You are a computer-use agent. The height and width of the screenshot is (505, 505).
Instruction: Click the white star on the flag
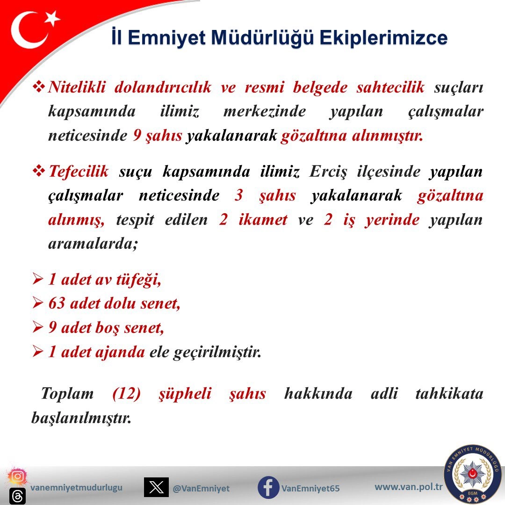coord(52,18)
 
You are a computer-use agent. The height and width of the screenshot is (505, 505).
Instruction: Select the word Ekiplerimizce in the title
coord(383,38)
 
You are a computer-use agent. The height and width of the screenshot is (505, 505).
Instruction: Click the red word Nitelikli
coord(77,87)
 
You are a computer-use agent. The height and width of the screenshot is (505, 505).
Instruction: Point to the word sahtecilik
coord(390,87)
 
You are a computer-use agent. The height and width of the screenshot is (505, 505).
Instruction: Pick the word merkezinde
coord(264,111)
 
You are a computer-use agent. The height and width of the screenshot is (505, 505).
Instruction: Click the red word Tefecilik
coord(79,171)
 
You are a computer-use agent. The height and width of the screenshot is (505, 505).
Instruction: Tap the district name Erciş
coord(328,172)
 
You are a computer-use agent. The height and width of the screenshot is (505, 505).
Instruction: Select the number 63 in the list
coord(57,303)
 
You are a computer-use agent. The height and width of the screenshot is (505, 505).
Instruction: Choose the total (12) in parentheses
coord(127,394)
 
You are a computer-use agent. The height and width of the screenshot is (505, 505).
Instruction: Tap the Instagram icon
coord(17,476)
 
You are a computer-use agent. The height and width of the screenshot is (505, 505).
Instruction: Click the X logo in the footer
coord(156,487)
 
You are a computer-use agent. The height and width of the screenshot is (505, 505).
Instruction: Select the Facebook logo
coord(268,487)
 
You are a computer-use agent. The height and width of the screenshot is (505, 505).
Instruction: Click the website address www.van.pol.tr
coord(408,487)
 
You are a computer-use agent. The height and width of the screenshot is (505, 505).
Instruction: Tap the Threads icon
coord(17,496)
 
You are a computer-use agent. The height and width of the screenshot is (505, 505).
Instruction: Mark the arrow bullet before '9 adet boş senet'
coord(38,327)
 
